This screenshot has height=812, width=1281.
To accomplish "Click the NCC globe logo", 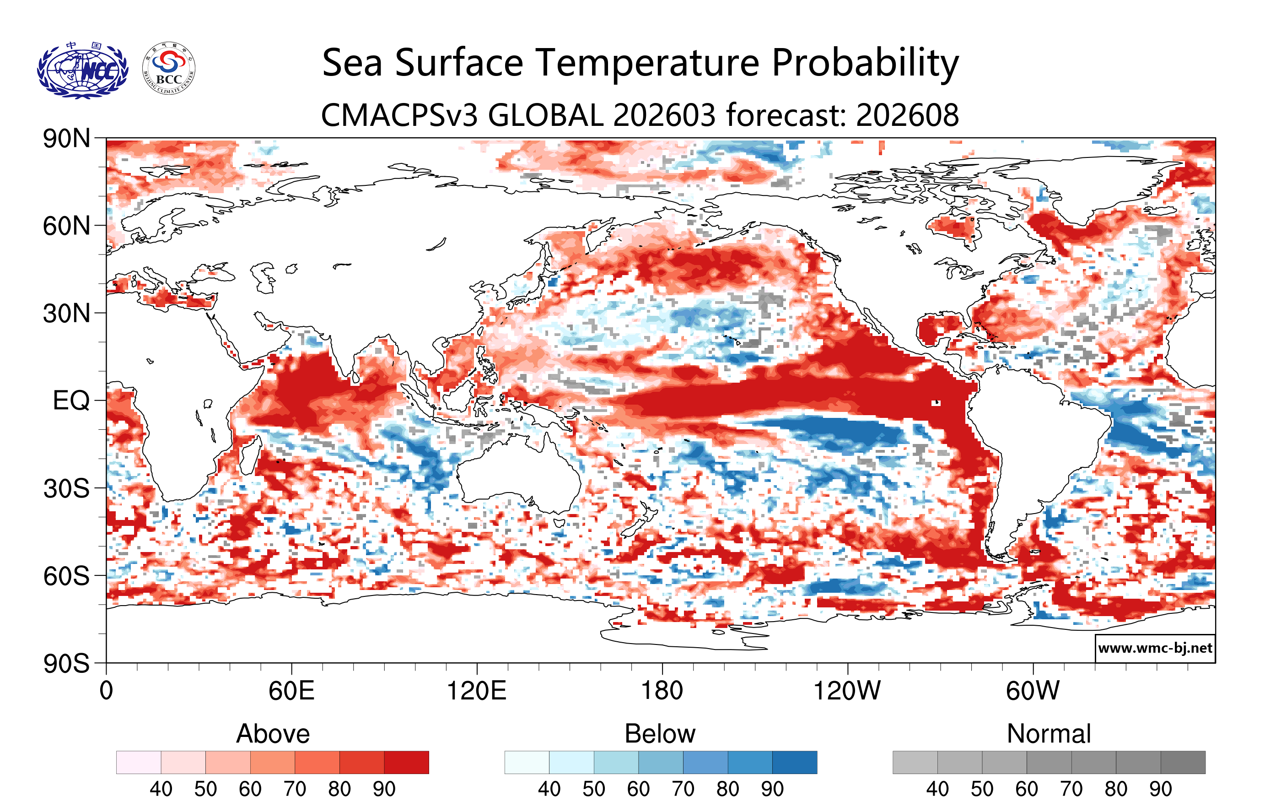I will (x=82, y=70).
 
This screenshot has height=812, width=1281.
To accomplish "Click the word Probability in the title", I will (x=865, y=63).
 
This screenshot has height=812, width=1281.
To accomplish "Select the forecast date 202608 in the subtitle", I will (x=907, y=115).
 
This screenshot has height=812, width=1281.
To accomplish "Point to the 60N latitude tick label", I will (x=66, y=226).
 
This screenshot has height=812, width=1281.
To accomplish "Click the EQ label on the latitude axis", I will (x=71, y=401).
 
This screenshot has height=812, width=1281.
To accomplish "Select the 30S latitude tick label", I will (x=66, y=488).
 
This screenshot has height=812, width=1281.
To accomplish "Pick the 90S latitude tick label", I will (x=66, y=664).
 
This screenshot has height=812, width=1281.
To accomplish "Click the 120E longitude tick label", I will (x=477, y=691).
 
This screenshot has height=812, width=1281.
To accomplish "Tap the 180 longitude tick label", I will (x=662, y=691).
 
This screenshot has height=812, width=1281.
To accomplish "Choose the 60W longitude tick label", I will (x=1033, y=691).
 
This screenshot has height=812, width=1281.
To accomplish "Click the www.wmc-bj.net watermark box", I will (x=1155, y=648).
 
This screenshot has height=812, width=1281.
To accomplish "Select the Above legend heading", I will (x=273, y=734).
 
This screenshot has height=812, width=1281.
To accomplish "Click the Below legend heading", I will (x=660, y=734).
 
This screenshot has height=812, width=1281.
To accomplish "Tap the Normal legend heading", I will (x=1049, y=734).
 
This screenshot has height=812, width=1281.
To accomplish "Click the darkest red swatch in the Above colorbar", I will (x=406, y=762).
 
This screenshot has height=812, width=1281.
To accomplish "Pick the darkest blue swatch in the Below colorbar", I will (x=795, y=762).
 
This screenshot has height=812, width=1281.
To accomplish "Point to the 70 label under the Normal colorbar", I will (x=1071, y=789).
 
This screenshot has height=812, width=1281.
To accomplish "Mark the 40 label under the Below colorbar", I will (x=549, y=789).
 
